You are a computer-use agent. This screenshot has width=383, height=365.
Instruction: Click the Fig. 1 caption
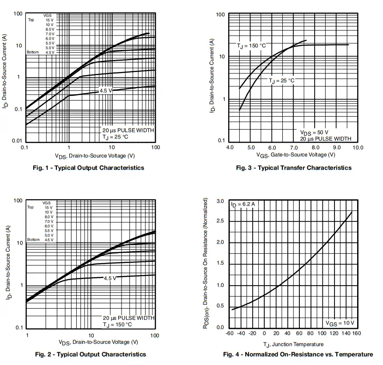(x=89, y=168)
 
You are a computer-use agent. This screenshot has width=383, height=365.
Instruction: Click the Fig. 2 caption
(x=91, y=354)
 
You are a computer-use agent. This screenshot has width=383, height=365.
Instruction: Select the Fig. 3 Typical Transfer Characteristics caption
(x=293, y=168)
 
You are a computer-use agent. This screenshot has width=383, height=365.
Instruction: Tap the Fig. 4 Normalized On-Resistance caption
(x=298, y=354)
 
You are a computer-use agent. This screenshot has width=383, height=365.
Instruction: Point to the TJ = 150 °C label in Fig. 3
(x=252, y=46)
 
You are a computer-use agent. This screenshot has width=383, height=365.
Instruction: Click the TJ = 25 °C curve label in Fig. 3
(x=282, y=81)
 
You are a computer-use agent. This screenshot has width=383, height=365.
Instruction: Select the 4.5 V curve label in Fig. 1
(x=106, y=91)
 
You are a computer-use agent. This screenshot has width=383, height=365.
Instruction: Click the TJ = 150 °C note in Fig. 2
(x=117, y=324)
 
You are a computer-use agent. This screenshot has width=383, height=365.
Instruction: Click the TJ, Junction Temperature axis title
(x=293, y=344)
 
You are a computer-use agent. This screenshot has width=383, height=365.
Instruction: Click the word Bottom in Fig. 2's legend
(x=33, y=240)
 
